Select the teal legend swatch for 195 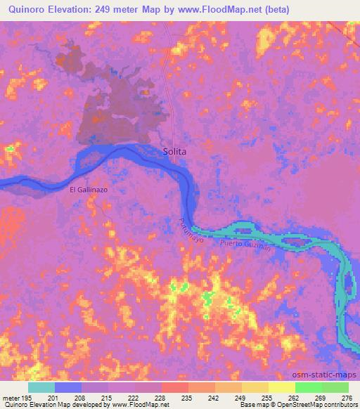point(41,387)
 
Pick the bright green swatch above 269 point(309,387)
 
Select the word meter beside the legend point(14,398)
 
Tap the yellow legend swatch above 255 point(255,387)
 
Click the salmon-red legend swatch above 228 point(175,387)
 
